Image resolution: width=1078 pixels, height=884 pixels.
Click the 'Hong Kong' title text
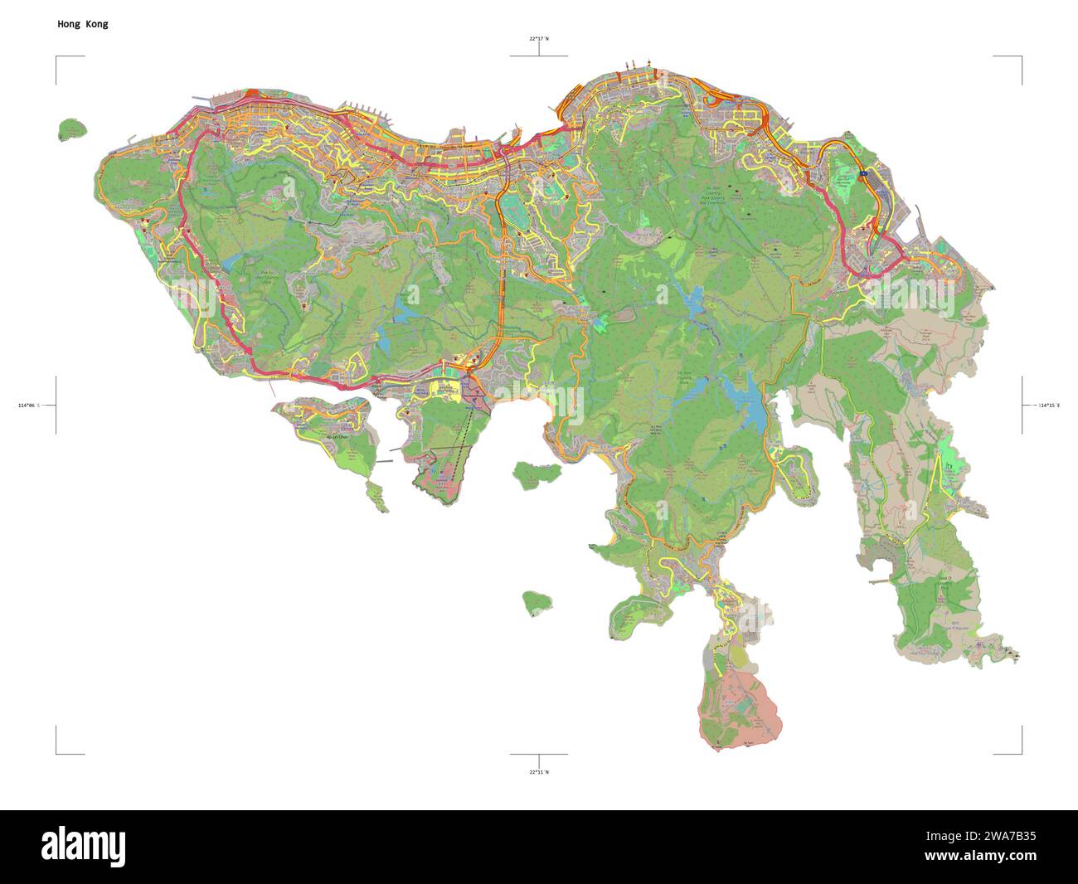(82, 24)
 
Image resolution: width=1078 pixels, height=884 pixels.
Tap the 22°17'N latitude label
(539, 38)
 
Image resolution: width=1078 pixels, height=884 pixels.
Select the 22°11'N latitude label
(539, 772)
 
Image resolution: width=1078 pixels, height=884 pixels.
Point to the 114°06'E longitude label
(28, 405)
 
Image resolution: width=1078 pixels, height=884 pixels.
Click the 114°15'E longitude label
(1048, 405)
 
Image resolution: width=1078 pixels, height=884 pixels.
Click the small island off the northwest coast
(73, 130)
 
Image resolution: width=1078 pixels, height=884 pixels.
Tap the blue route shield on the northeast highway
(862, 174)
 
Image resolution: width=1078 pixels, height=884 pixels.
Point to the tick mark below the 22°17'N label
(539, 51)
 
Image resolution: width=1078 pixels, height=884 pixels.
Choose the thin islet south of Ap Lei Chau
(377, 497)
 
